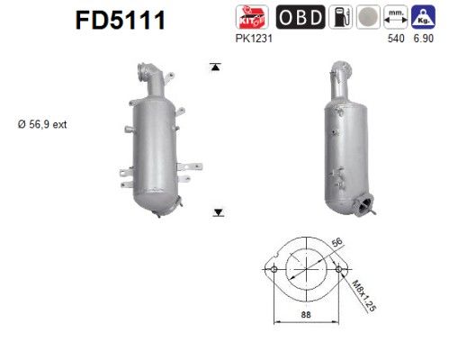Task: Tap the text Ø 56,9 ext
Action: coord(40,125)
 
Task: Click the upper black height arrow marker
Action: coord(216,67)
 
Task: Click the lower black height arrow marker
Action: coord(217,211)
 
